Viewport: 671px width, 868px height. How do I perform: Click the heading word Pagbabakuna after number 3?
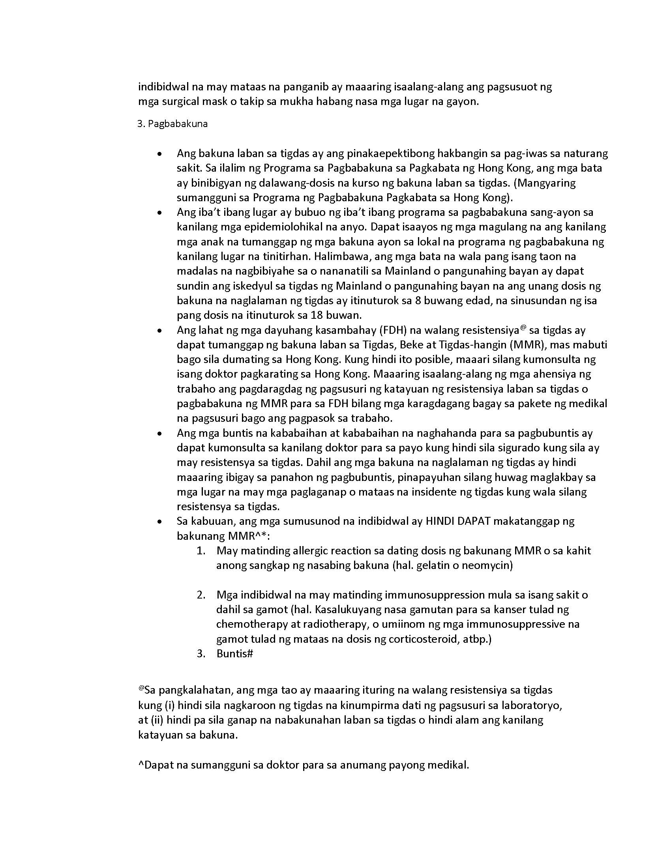[x=177, y=124]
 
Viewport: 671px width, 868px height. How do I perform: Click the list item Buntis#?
[x=234, y=653]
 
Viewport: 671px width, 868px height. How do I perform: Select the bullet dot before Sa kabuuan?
[x=160, y=522]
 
